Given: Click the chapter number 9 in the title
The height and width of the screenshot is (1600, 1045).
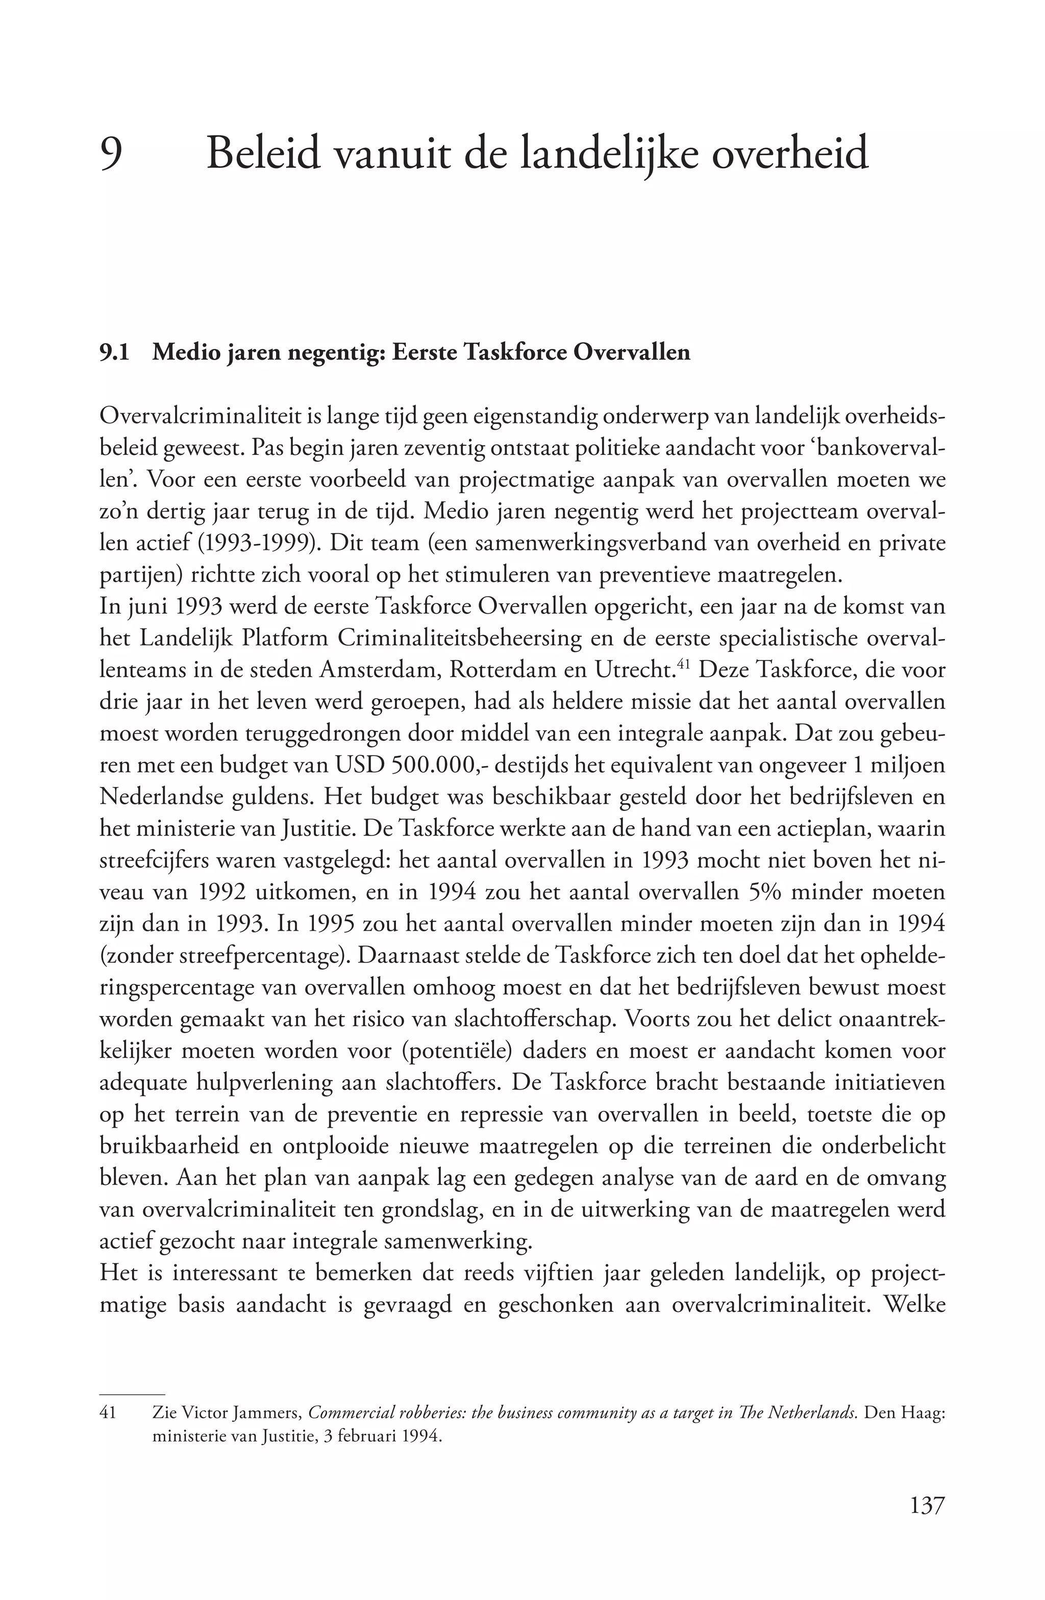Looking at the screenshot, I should [111, 154].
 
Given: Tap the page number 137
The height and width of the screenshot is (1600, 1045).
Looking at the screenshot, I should [927, 1506].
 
